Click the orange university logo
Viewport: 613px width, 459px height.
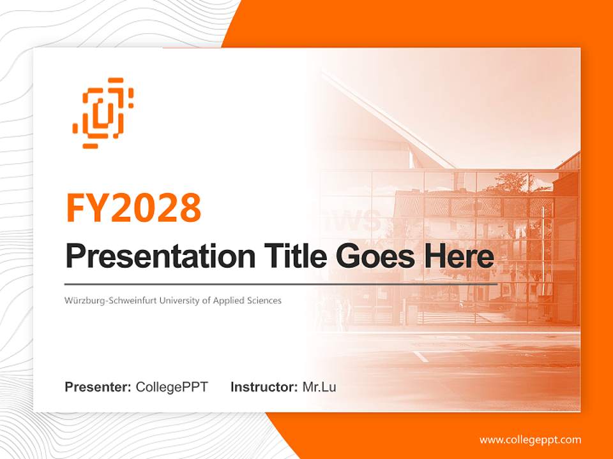click(x=103, y=113)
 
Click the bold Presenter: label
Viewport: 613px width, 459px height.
click(x=98, y=387)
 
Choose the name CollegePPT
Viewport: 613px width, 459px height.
click(x=172, y=387)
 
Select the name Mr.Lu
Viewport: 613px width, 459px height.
click(x=319, y=387)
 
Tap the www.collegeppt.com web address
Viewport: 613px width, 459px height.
click(x=530, y=440)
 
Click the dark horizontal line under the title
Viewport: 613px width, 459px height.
click(x=281, y=284)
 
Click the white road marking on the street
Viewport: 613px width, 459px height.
click(x=421, y=356)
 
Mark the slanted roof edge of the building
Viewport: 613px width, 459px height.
click(x=390, y=118)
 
